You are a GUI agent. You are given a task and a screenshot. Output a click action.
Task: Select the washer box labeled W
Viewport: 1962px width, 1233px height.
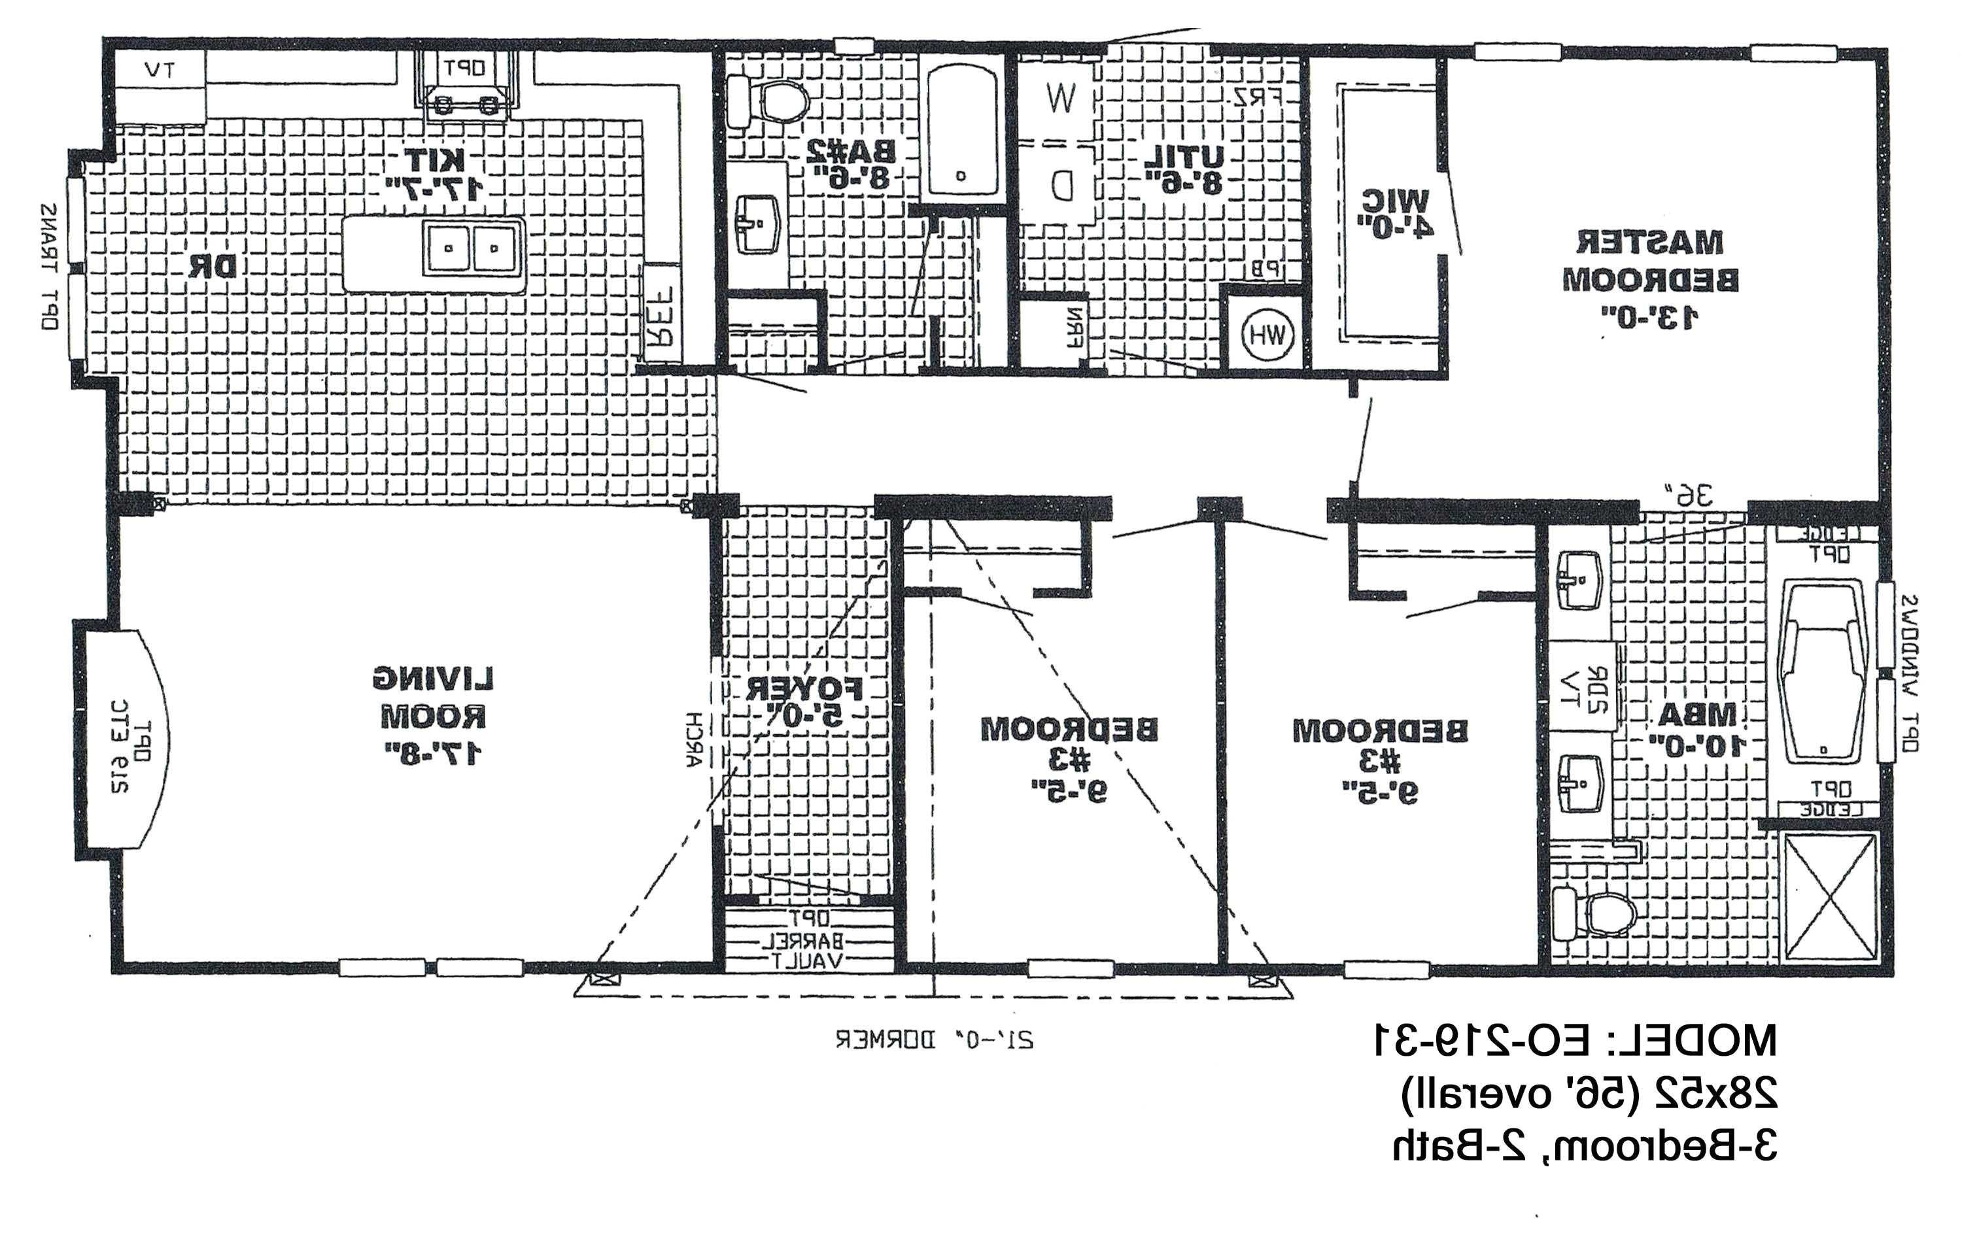tap(1060, 99)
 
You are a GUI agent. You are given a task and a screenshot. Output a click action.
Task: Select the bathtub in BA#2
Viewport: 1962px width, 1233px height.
tap(961, 130)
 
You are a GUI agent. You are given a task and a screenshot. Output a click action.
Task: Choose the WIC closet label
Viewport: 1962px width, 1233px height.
tap(1395, 213)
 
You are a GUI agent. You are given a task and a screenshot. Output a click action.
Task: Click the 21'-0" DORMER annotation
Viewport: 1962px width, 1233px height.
tap(935, 1040)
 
